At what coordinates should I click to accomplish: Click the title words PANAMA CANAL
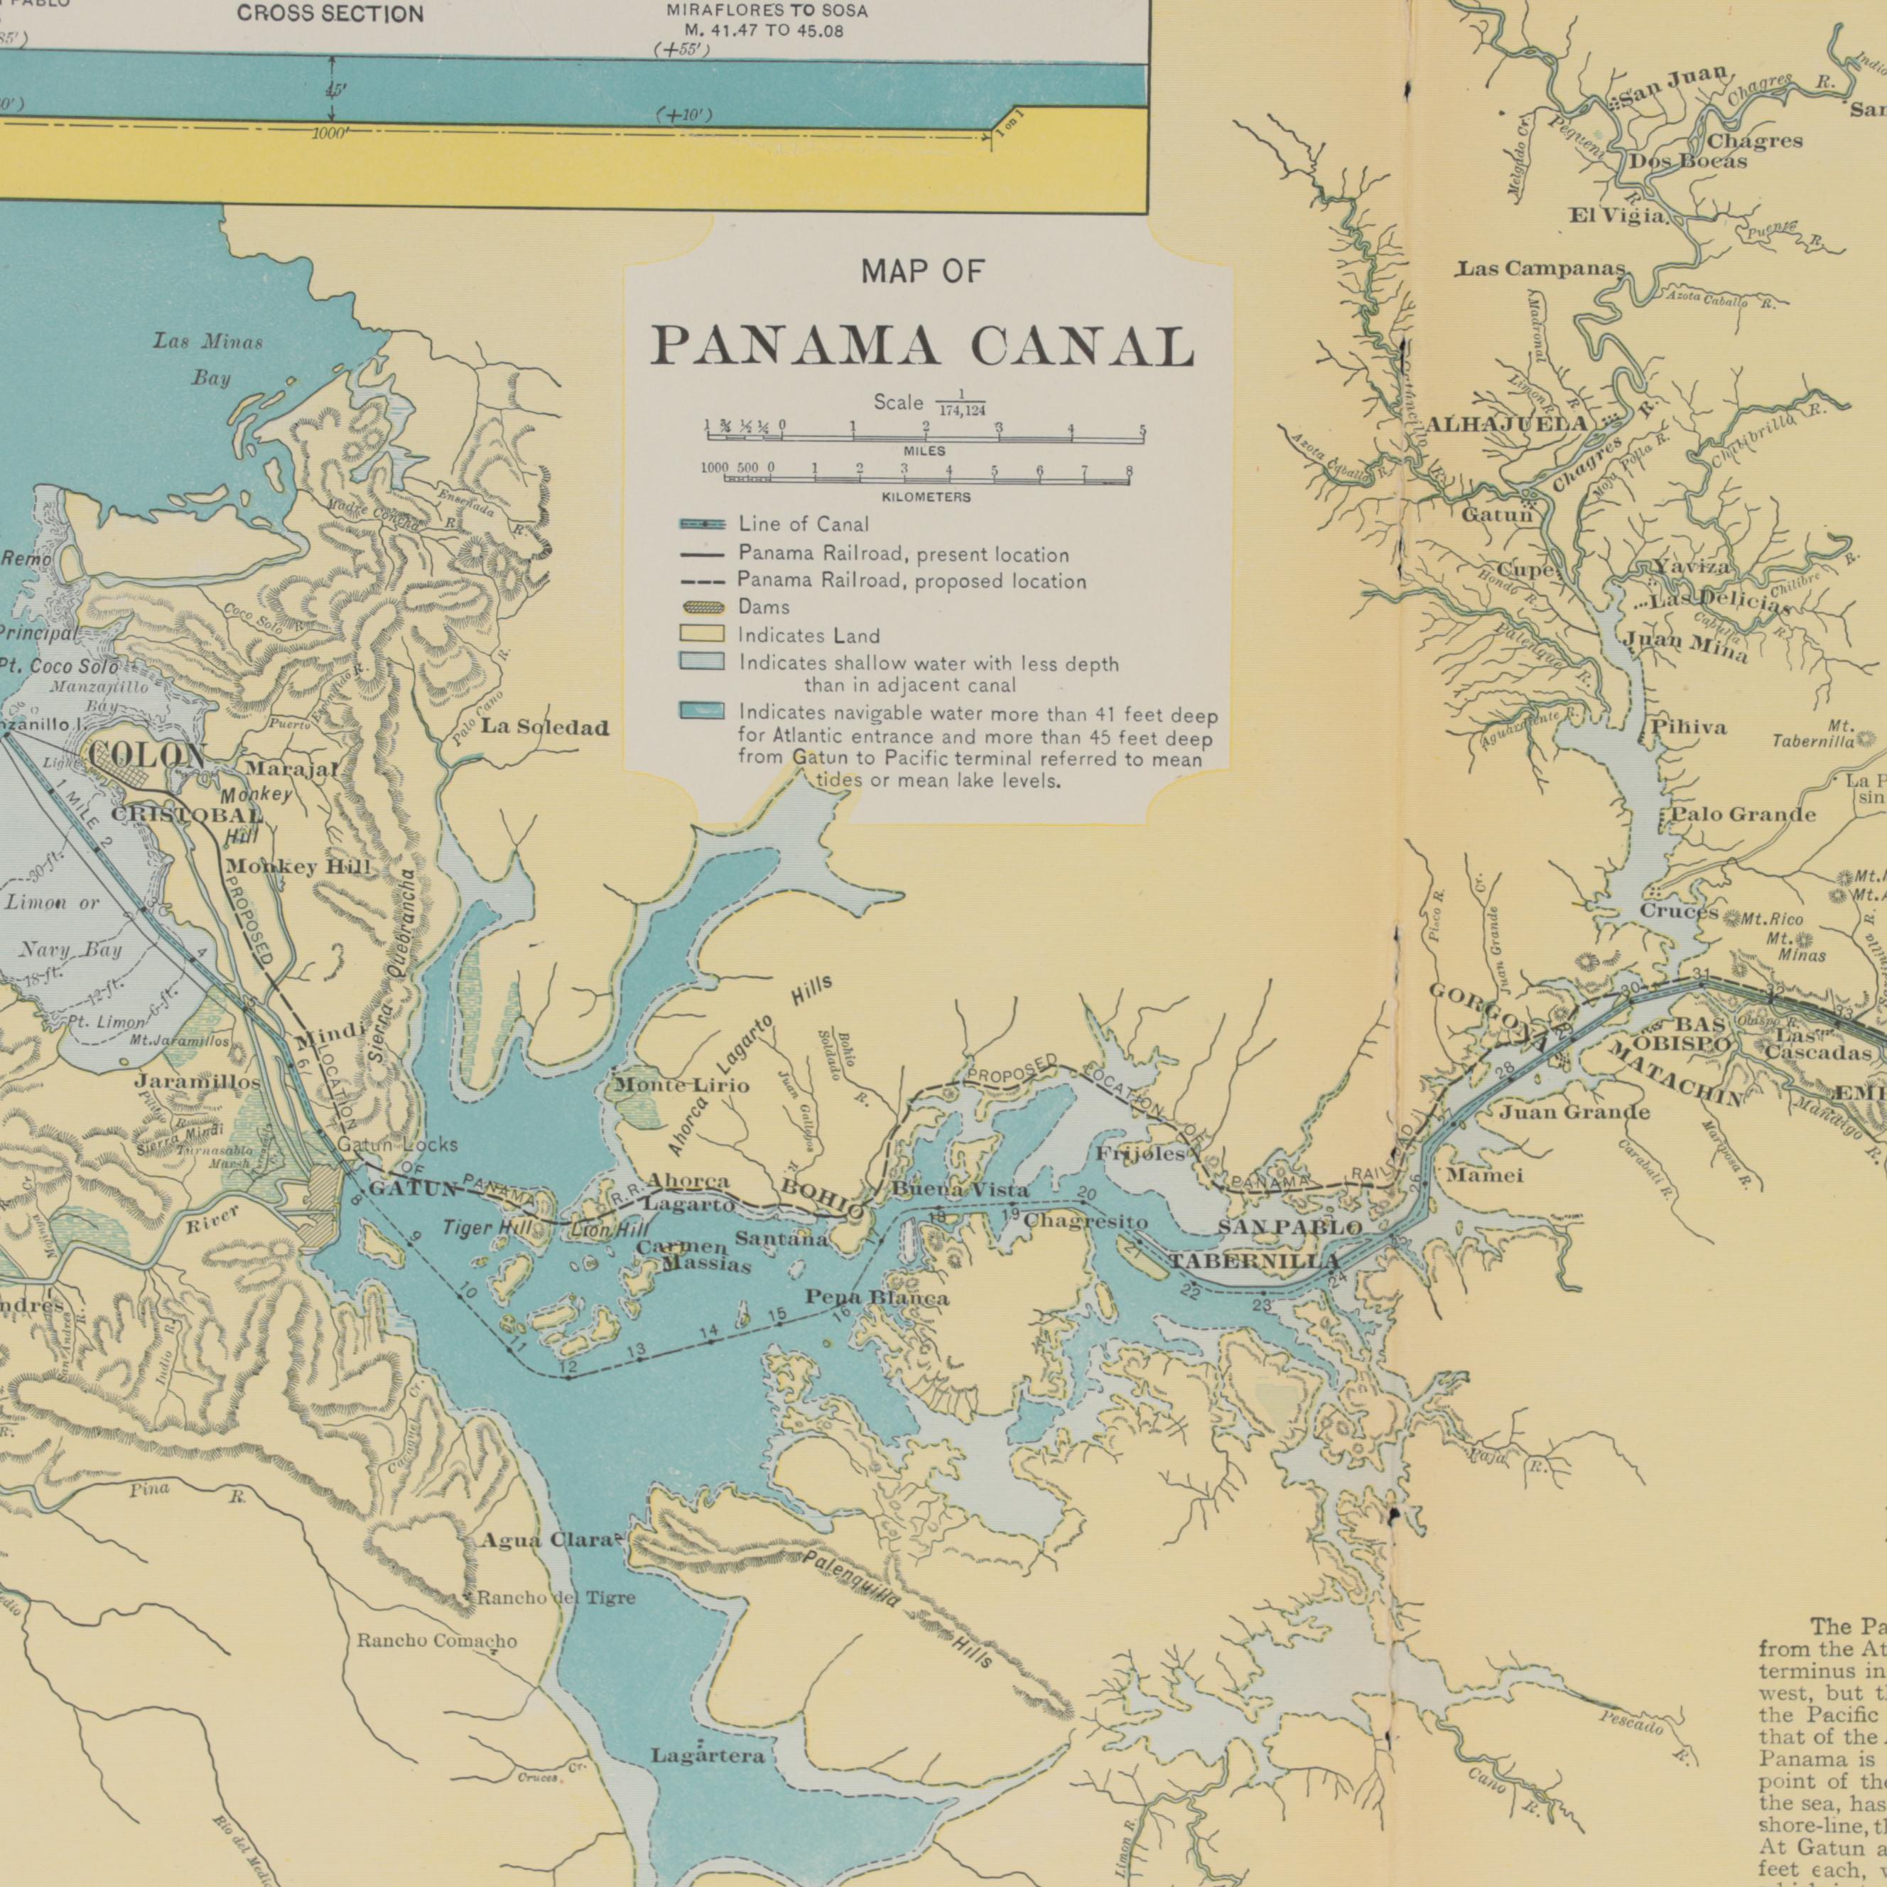tap(922, 347)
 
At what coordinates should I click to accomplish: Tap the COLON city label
tap(146, 756)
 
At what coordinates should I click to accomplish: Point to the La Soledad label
tap(544, 728)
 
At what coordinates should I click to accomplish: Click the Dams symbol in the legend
tap(703, 607)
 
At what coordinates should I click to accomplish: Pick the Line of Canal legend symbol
tap(703, 524)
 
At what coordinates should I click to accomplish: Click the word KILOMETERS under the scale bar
tap(925, 497)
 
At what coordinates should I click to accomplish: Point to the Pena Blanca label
tap(876, 1298)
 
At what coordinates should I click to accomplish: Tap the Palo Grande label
tap(1743, 815)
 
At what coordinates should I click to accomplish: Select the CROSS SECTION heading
tap(330, 13)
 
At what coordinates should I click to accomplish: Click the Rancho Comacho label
tap(437, 1641)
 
